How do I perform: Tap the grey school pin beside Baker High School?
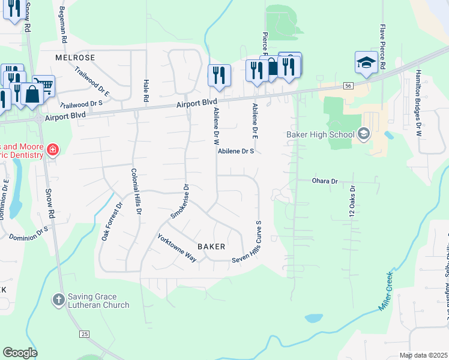click(363, 134)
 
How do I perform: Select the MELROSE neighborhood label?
click(75, 58)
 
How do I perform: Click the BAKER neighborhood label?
click(211, 247)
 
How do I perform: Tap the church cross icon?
click(58, 299)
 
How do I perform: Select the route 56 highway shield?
click(349, 86)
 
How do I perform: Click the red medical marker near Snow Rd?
click(53, 149)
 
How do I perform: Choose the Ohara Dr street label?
click(325, 181)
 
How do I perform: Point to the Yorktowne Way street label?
click(177, 247)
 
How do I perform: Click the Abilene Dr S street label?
click(237, 152)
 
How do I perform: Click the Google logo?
click(20, 353)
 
